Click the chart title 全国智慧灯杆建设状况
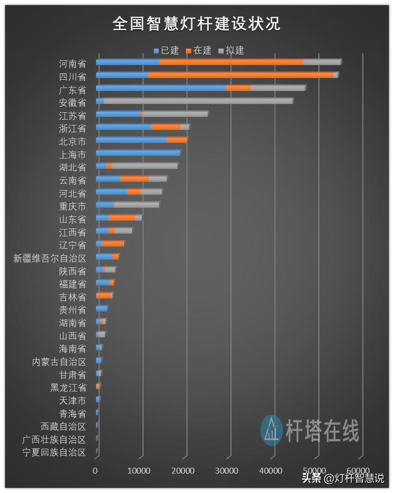197,24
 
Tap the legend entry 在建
198,51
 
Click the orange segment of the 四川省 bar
240,75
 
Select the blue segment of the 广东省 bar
161,88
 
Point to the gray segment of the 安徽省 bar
198,101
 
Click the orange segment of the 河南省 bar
231,62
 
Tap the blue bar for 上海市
138,153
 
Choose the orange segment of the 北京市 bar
177,140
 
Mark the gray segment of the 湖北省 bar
144,166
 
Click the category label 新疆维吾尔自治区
49,258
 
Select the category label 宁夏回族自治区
54,453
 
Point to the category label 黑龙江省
68,387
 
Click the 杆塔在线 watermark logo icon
271,430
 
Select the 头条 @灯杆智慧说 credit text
343,478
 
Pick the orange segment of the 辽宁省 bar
113,244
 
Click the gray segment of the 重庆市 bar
136,205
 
